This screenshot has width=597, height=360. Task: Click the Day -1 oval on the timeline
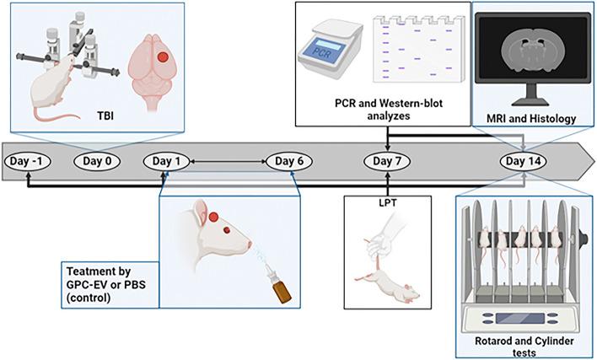tap(30, 160)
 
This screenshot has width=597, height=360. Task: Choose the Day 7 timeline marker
tap(388, 160)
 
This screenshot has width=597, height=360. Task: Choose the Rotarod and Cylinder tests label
tap(524, 346)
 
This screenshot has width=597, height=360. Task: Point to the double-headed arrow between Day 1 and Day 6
tap(229, 160)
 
